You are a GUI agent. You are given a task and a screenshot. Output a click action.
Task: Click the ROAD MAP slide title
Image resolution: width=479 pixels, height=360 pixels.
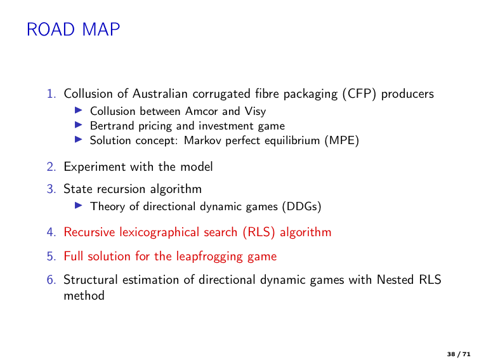click(74, 30)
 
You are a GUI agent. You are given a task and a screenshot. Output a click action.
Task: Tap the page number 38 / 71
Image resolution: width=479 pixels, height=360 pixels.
click(459, 354)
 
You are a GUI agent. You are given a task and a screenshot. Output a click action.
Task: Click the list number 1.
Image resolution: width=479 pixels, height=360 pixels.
click(51, 94)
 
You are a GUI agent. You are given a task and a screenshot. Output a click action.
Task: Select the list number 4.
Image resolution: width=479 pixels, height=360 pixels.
click(51, 232)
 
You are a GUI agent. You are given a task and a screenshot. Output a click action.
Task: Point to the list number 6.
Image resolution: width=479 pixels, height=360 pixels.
click(51, 280)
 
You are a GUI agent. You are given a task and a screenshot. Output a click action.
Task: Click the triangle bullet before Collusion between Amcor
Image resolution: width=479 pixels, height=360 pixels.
click(79, 110)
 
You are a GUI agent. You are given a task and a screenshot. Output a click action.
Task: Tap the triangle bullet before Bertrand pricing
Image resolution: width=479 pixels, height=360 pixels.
click(79, 124)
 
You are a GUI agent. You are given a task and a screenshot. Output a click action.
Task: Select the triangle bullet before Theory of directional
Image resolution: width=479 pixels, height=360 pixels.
click(79, 205)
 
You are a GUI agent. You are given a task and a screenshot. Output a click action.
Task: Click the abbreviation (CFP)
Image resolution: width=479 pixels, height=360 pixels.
click(359, 94)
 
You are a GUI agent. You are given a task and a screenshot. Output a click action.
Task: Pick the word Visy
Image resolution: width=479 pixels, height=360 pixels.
click(255, 112)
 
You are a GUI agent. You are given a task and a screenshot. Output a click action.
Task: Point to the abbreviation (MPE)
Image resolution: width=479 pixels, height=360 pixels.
click(342, 140)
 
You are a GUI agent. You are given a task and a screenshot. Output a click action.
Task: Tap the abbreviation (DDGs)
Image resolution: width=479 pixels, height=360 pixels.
click(301, 206)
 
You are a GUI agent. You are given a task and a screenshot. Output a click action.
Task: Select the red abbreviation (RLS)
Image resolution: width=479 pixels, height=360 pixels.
click(259, 232)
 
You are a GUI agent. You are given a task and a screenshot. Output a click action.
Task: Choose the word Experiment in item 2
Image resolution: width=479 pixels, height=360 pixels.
click(95, 167)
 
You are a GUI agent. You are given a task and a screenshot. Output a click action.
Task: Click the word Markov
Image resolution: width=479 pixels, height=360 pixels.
click(202, 140)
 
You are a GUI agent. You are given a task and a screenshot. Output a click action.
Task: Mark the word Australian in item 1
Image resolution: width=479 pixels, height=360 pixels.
click(160, 94)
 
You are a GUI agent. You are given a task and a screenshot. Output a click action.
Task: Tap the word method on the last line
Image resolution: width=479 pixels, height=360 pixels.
click(84, 296)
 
